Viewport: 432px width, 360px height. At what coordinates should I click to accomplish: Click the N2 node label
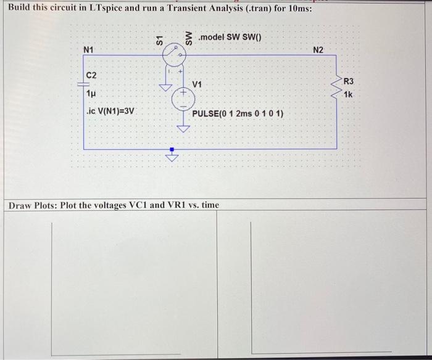pyautogui.click(x=318, y=49)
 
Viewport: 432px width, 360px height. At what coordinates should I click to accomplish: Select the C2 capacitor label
pyautogui.click(x=91, y=75)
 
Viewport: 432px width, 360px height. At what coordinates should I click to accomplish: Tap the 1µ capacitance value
pyautogui.click(x=91, y=94)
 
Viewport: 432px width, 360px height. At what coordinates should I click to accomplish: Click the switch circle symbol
pyautogui.click(x=174, y=57)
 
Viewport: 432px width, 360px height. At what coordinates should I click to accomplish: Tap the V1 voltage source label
pyautogui.click(x=197, y=84)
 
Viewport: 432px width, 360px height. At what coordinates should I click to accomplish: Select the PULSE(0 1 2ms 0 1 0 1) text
pyautogui.click(x=238, y=114)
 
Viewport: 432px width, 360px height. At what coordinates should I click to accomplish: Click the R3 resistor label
pyautogui.click(x=349, y=81)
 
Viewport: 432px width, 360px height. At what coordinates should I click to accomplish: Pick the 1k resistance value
pyautogui.click(x=348, y=95)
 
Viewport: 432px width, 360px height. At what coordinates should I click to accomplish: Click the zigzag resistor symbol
pyautogui.click(x=337, y=88)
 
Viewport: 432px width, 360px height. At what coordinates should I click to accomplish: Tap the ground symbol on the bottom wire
pyautogui.click(x=173, y=157)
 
